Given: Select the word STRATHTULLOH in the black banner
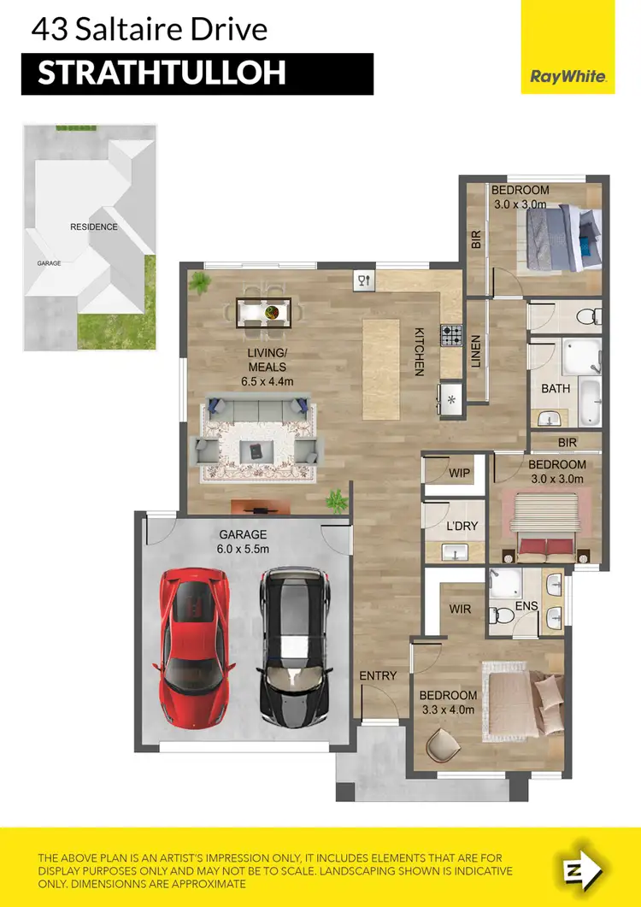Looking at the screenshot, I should tap(162, 74).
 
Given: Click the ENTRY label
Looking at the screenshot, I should tap(378, 675).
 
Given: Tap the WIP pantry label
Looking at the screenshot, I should tap(461, 473).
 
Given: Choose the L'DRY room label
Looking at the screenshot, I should tap(462, 526).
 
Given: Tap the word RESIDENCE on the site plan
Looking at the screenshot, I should tap(94, 227).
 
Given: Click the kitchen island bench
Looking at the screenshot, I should tap(381, 368).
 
